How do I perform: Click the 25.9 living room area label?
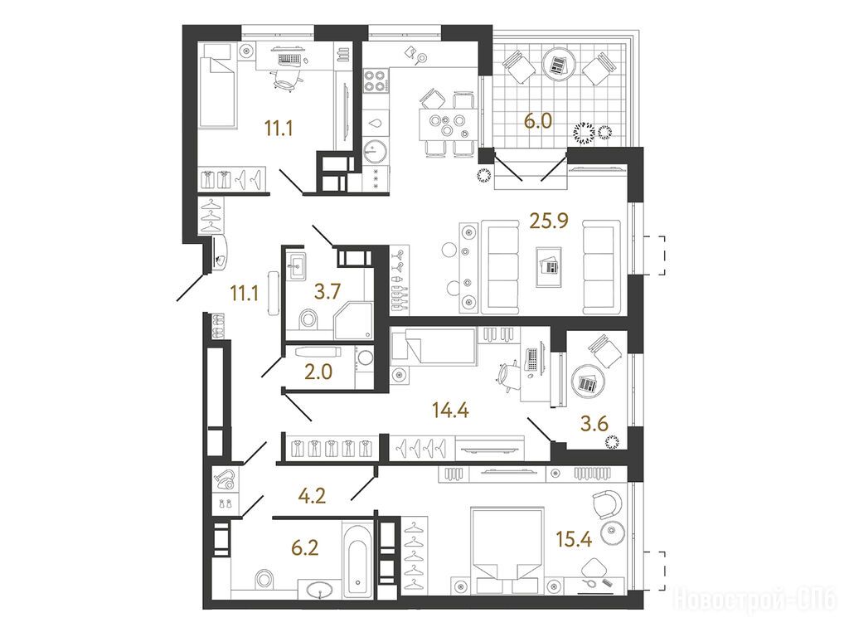[x=549, y=221]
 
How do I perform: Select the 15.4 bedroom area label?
[x=574, y=539]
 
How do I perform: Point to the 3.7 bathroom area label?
[x=327, y=291]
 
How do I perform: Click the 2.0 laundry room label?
[x=318, y=372]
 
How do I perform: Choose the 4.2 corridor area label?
[x=313, y=496]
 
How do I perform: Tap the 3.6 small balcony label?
[x=594, y=424]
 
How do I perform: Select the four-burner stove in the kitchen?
[x=375, y=80]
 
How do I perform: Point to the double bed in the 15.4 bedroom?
[x=507, y=551]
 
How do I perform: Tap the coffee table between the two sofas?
[x=549, y=266]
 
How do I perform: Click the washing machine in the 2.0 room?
[x=365, y=358]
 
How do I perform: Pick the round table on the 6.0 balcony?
[x=559, y=64]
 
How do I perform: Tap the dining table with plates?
[x=447, y=124]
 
